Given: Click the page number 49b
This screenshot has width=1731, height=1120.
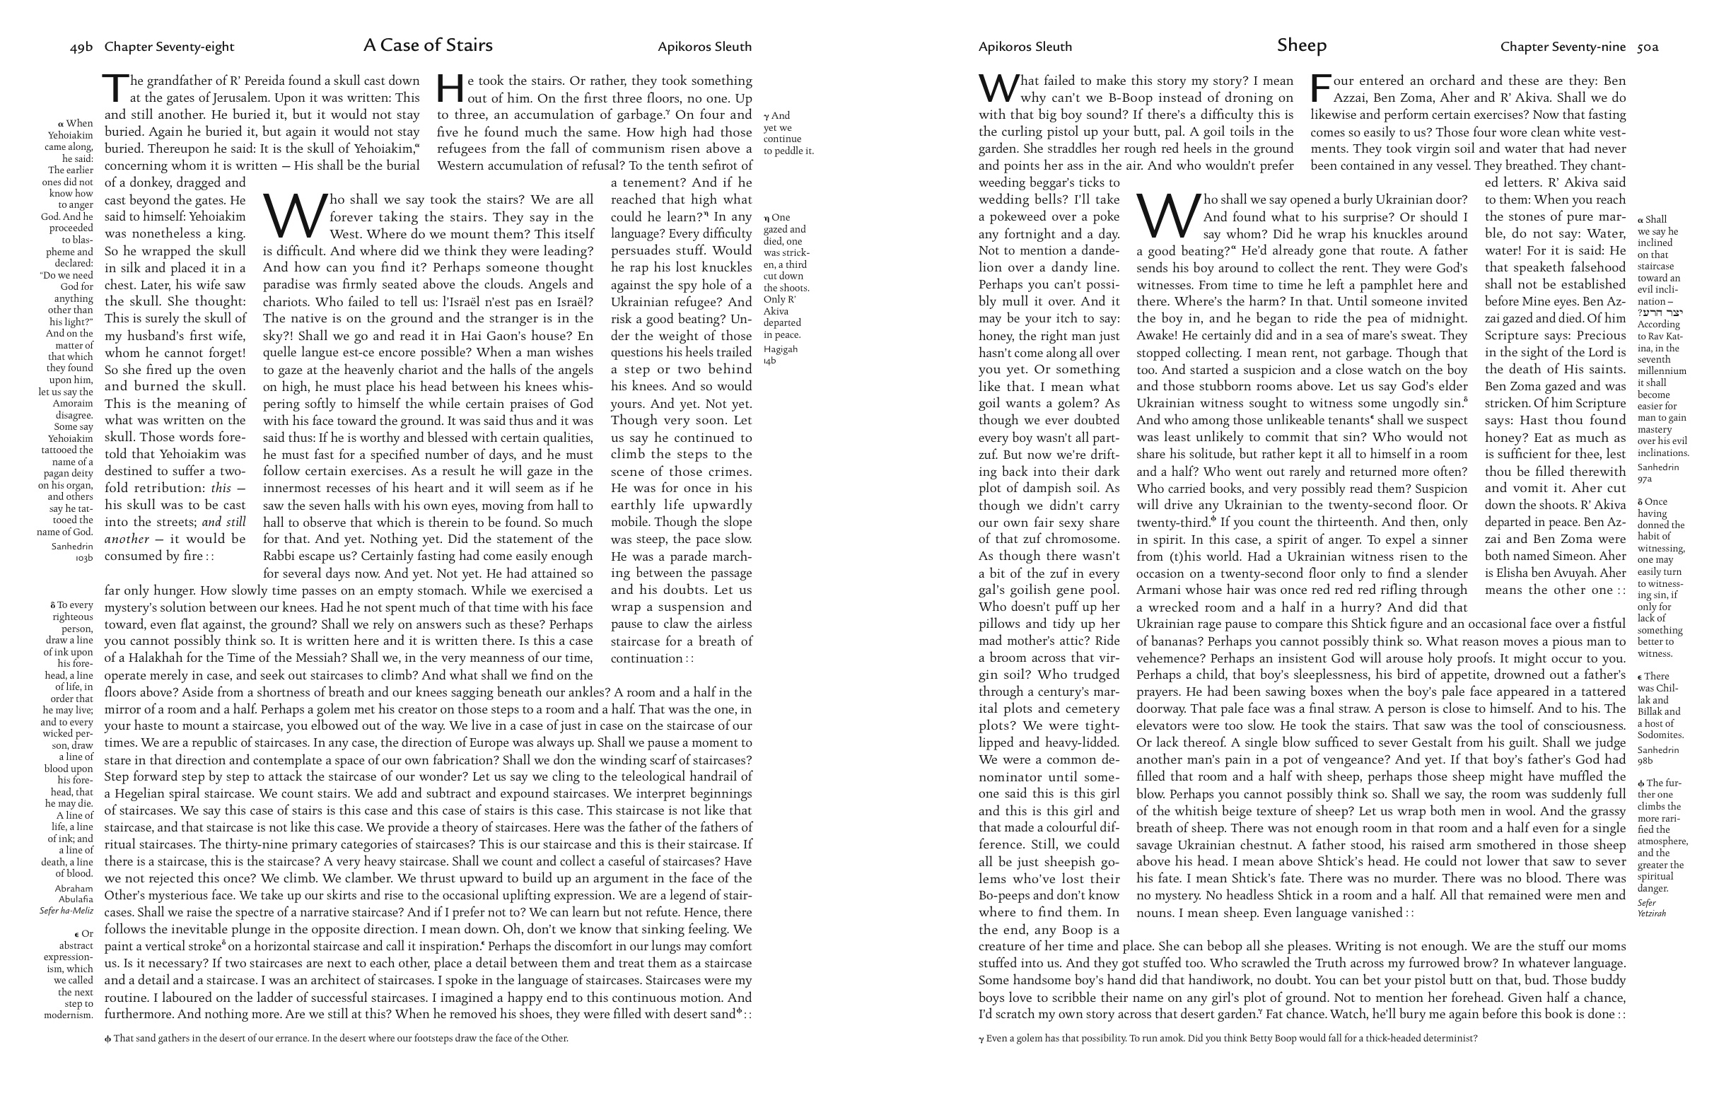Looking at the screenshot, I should [81, 47].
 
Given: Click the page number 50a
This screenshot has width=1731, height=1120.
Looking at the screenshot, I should [1648, 47].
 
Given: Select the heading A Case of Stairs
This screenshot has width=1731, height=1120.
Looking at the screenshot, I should [428, 45].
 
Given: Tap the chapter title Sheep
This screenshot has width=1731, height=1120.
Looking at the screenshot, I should [1301, 45].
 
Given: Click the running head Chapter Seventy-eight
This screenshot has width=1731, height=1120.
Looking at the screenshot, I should [170, 47].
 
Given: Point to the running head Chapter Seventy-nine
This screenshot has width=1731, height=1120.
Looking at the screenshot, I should [1562, 47].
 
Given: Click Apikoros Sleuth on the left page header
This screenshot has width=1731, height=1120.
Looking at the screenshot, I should [704, 47].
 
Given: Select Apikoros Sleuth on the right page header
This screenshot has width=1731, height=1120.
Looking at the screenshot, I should [1025, 47].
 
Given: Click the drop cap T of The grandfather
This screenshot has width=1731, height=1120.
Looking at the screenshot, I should [117, 88].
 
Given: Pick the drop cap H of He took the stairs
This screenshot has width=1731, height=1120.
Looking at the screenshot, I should [450, 88].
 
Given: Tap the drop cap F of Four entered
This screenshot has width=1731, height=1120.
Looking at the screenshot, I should [1321, 88].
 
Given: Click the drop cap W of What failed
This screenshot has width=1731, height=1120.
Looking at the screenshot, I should [998, 88].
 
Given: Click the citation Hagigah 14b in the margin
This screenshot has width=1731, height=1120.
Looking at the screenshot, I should [780, 355].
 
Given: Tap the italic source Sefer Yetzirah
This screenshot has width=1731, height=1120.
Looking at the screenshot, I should [1651, 908].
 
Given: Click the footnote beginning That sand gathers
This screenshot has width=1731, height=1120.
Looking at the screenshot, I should [336, 1039].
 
